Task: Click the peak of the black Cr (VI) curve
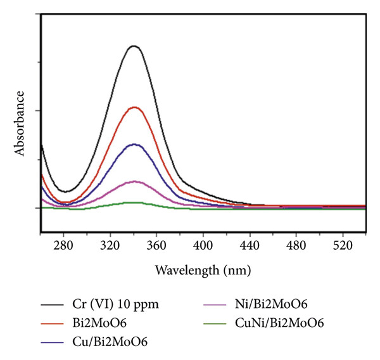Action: point(134,46)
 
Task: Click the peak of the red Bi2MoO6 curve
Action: point(134,107)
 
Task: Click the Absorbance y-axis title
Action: point(20,124)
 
